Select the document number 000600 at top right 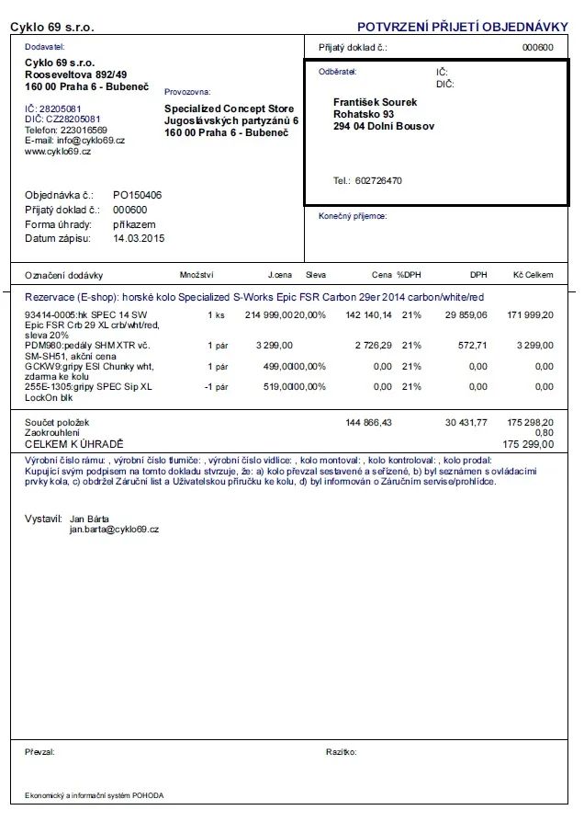[537, 47]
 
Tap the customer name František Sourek [375, 102]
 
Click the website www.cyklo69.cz [58, 152]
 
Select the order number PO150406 [137, 196]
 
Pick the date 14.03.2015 [139, 238]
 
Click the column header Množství [197, 275]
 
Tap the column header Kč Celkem [533, 275]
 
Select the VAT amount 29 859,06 [466, 314]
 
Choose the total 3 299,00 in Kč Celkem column [535, 346]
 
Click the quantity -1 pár [215, 387]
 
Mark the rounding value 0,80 [544, 432]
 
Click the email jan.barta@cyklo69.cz [114, 530]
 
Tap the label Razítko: [341, 752]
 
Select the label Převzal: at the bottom [39, 752]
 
